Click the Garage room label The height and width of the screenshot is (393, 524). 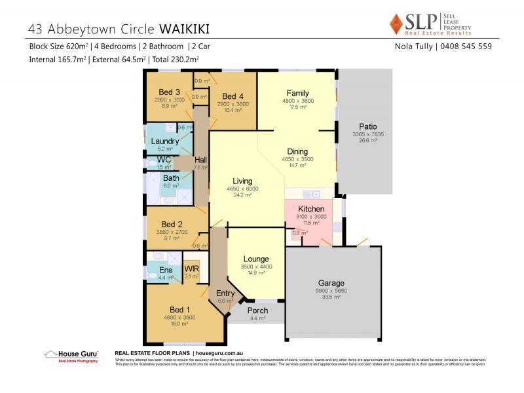[332, 283]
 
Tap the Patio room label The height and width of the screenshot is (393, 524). [367, 126]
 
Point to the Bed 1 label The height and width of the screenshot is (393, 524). [180, 310]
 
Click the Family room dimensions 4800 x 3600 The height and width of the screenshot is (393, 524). [298, 101]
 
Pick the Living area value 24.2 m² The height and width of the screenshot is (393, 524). [242, 195]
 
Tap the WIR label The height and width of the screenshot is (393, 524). [191, 269]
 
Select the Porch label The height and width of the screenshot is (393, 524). [258, 310]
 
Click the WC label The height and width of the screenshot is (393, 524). [164, 160]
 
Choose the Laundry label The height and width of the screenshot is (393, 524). [165, 141]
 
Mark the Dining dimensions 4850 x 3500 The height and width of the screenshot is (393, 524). [298, 159]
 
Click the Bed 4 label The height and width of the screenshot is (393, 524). [233, 96]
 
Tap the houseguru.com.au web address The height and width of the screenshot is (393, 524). [217, 352]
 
